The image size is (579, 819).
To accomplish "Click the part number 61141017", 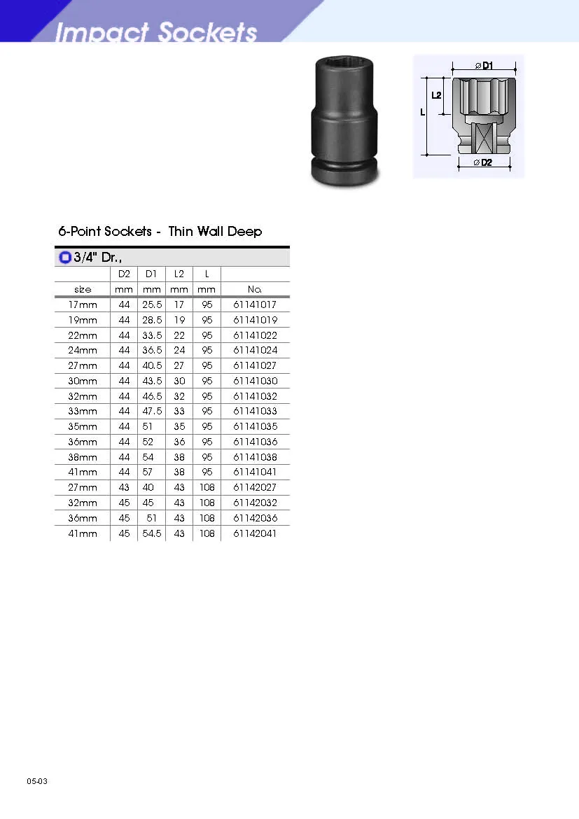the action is tap(255, 304).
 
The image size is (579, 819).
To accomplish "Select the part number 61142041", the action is tap(255, 533).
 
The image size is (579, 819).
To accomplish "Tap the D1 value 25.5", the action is tap(152, 304).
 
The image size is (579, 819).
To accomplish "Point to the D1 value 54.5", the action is tap(152, 533).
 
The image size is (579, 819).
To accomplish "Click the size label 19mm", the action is tap(83, 320).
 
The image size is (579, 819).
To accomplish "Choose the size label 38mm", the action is tap(83, 457).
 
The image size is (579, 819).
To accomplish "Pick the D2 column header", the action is tap(124, 274).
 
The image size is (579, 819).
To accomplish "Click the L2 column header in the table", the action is tap(179, 274).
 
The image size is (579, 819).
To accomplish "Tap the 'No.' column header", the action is tap(255, 289).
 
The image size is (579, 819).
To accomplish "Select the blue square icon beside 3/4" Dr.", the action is tap(65, 257).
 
